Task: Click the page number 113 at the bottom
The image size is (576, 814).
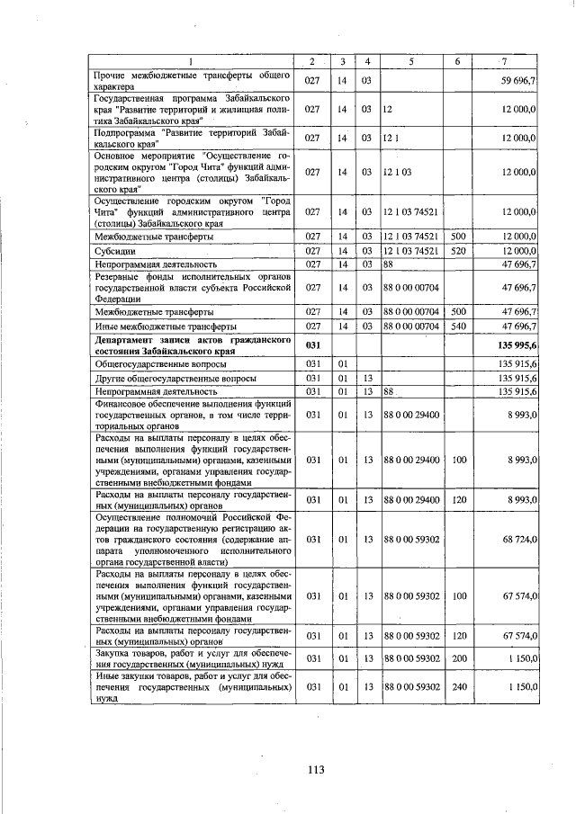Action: pyautogui.click(x=314, y=769)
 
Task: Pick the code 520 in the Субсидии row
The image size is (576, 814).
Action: pyautogui.click(x=457, y=251)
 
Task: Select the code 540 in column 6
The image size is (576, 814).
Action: pyautogui.click(x=457, y=326)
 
